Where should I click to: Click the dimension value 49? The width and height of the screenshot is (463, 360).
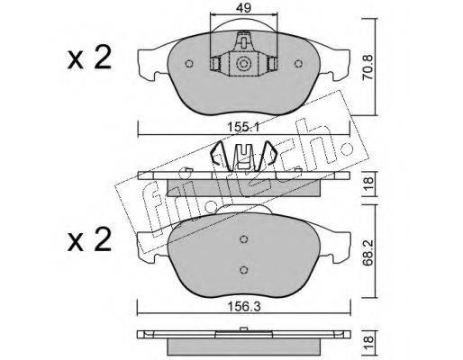click(243, 8)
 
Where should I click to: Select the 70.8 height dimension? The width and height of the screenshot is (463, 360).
click(368, 67)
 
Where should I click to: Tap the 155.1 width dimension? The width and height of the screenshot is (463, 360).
click(243, 128)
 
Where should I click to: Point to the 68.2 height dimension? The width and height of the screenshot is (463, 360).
click(368, 252)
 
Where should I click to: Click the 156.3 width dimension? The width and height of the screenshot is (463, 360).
click(244, 307)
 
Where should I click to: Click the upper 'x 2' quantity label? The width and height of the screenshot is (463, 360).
click(89, 58)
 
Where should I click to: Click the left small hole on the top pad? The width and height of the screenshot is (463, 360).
click(189, 64)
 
